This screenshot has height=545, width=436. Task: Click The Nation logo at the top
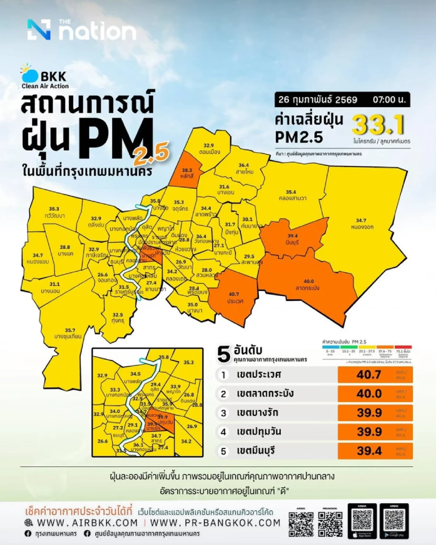coord(82,30)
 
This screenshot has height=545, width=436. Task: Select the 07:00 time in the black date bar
coord(389,100)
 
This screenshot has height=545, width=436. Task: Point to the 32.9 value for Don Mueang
coord(209,145)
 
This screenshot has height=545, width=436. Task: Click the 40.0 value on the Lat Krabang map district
coord(308,281)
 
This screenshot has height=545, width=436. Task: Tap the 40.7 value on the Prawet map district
coord(234,294)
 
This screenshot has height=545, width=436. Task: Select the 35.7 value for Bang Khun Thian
coord(70,330)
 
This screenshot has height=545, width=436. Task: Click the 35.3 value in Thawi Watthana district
coord(54,209)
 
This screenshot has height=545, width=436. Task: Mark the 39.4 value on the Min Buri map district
coord(292,236)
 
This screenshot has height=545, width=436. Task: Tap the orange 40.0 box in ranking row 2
coord(375,394)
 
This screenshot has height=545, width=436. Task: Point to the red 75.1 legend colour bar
coord(403,347)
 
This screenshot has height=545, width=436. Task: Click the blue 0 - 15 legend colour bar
coord(330,347)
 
